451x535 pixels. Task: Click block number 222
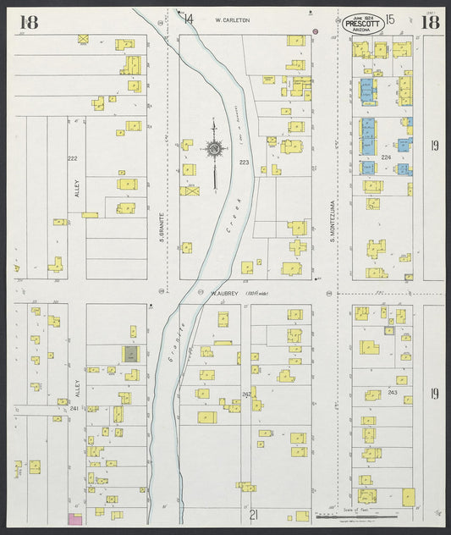pyautogui.click(x=72, y=158)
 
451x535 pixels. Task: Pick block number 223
pyautogui.click(x=244, y=161)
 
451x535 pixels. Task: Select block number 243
pyautogui.click(x=393, y=392)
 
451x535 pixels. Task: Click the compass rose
pyautogui.click(x=214, y=150)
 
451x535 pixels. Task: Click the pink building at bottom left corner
pyautogui.click(x=74, y=517)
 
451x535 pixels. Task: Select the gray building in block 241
pyautogui.click(x=131, y=354)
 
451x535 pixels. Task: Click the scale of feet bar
pyautogui.click(x=385, y=515)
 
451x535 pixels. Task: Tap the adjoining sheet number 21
pyautogui.click(x=253, y=514)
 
